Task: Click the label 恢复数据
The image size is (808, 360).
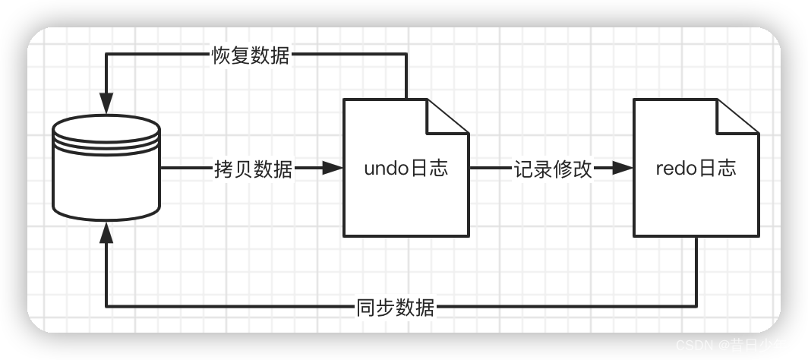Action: click(251, 55)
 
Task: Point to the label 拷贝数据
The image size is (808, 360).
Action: click(253, 169)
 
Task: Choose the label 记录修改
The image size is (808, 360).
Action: click(552, 169)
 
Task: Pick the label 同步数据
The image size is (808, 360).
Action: click(395, 307)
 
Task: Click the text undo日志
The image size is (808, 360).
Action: click(406, 168)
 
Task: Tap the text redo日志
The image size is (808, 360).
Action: click(696, 168)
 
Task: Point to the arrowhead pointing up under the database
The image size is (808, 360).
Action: click(106, 232)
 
